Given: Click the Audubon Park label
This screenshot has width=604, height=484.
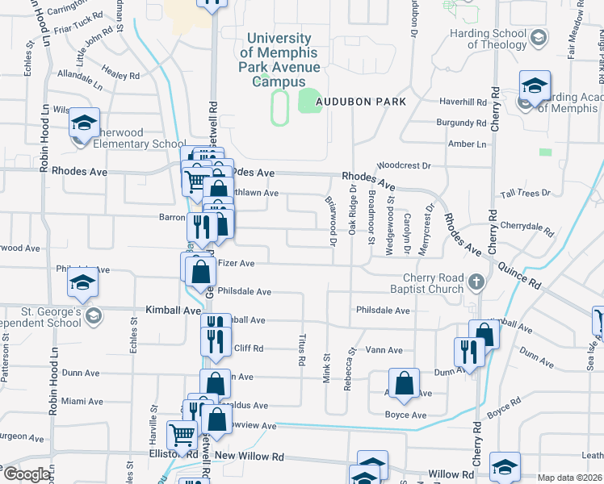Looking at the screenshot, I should click(360, 102).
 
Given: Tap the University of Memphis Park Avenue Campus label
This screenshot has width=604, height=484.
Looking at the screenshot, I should click(279, 60).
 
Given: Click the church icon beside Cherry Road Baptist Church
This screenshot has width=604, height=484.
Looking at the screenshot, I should click(476, 283).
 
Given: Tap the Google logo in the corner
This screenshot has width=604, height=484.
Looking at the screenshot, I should click(26, 474).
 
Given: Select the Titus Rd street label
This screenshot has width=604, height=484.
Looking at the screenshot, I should click(301, 350).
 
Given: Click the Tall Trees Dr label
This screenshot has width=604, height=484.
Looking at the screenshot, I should click(525, 194).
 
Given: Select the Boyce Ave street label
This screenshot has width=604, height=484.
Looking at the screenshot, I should click(405, 415).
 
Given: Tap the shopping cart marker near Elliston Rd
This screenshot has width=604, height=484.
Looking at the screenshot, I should click(182, 436).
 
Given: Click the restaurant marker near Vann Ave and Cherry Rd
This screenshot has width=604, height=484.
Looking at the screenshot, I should click(467, 351).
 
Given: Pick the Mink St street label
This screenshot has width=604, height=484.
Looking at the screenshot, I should click(327, 368).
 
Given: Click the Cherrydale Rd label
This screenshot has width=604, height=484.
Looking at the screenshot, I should click(526, 227).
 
